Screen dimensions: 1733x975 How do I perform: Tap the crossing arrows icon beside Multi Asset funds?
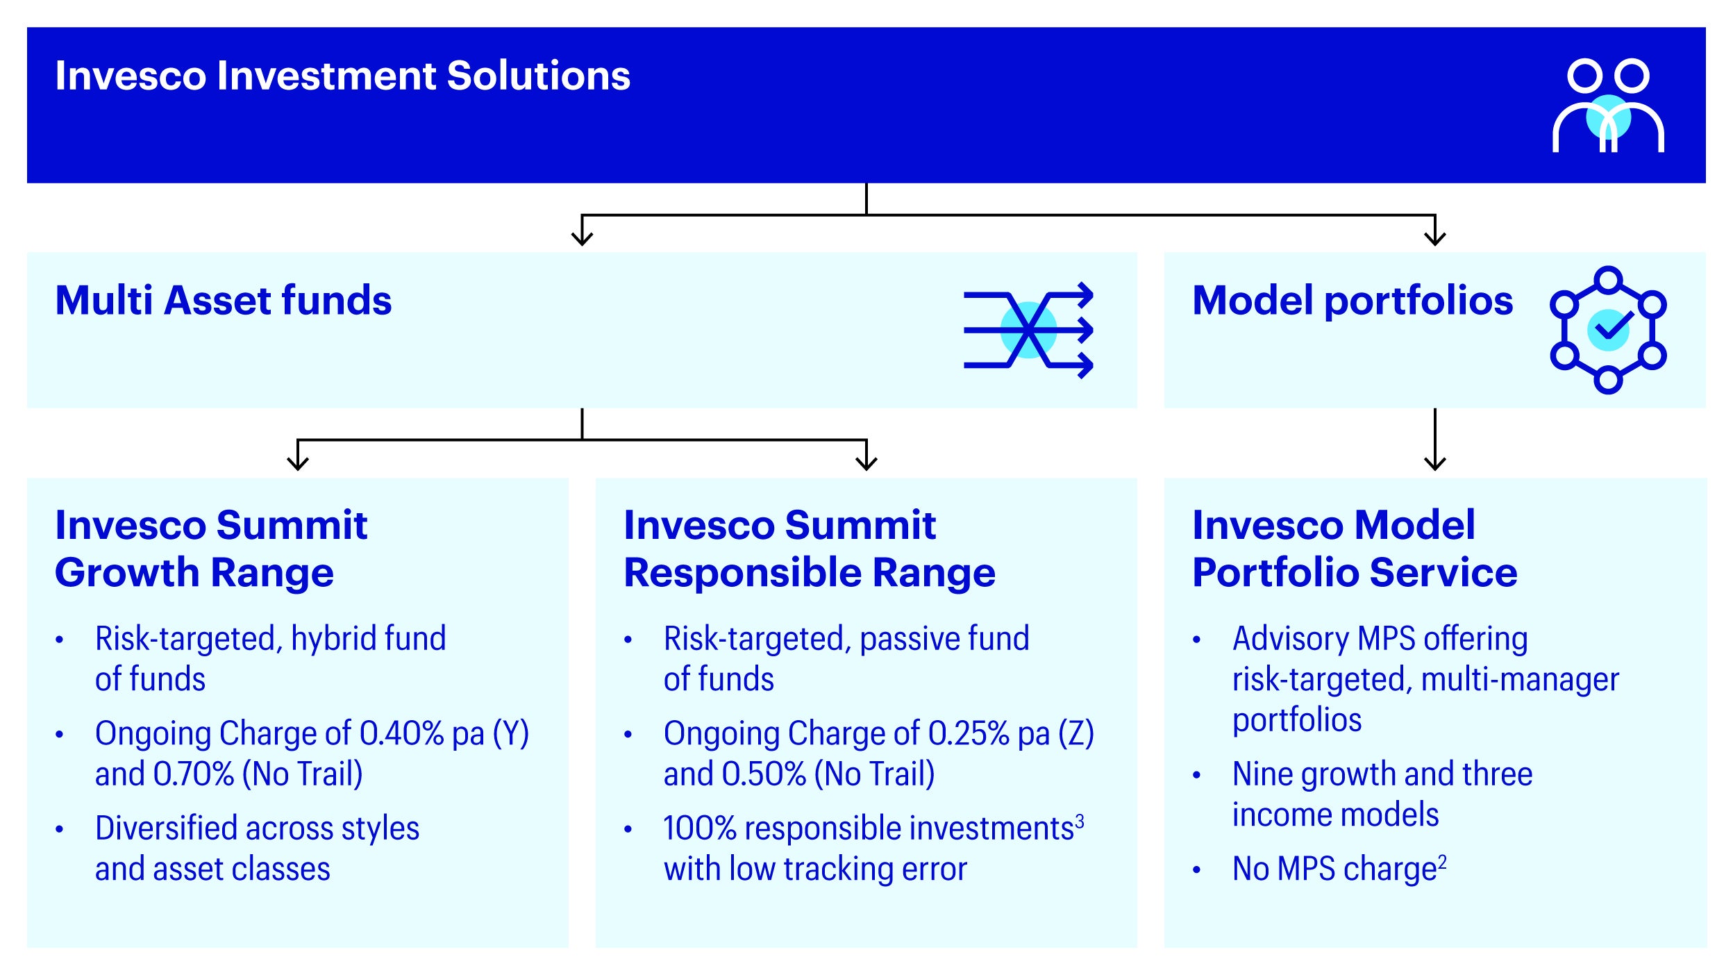tap(1028, 330)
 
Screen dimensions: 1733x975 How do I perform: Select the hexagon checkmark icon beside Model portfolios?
tap(1608, 330)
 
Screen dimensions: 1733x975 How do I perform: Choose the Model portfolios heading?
tap(1353, 301)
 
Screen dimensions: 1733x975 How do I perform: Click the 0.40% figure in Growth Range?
tap(401, 733)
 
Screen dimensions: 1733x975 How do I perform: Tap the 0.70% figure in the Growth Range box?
tap(194, 774)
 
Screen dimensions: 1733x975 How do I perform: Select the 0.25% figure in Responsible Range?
tap(969, 733)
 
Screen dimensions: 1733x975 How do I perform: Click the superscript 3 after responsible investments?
tap(1079, 822)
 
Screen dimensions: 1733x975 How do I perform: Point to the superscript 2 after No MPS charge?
tap(1442, 862)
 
